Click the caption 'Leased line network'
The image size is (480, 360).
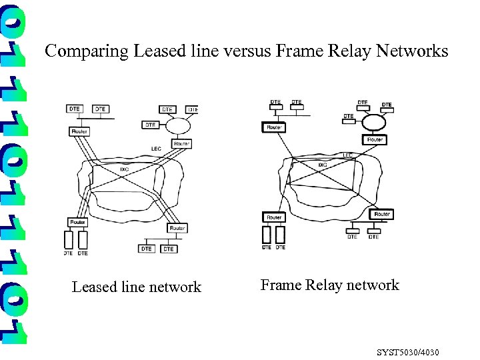click(136, 287)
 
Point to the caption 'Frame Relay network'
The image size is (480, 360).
click(329, 285)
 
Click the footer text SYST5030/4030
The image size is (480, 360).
click(408, 351)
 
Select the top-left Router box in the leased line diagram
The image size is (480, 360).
click(78, 131)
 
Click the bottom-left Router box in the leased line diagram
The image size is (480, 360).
click(77, 221)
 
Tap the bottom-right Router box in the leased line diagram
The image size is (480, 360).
click(177, 228)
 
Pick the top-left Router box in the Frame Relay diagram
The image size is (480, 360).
click(274, 127)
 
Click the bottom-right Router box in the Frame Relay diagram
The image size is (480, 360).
click(381, 215)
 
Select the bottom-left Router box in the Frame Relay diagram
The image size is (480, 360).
click(274, 217)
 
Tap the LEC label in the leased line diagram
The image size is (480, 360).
click(156, 148)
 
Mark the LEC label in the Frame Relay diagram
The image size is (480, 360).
click(347, 155)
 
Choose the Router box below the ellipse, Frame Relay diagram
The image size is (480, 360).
click(375, 139)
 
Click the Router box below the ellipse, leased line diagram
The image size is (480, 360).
click(181, 143)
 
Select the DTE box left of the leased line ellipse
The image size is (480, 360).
click(151, 125)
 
